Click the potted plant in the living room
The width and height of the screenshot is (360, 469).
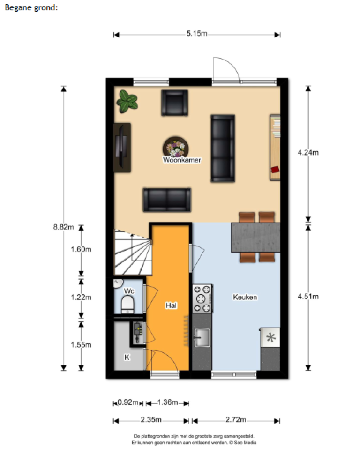(127, 101)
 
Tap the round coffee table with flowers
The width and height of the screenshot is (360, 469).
(176, 147)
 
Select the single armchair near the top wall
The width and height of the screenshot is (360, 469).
(174, 102)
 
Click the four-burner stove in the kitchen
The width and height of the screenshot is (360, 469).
(202, 298)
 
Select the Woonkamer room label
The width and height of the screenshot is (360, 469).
(182, 160)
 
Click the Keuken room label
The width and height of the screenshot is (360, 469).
(245, 297)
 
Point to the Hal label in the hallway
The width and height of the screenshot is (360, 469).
(171, 305)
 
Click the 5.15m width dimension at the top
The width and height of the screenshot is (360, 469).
(197, 34)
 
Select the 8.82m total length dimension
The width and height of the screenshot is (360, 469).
(64, 227)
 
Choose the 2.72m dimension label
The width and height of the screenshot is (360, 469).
(236, 419)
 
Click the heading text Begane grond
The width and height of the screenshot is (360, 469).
(31, 8)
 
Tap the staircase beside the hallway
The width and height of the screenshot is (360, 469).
(132, 252)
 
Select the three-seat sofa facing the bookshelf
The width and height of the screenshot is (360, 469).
(222, 148)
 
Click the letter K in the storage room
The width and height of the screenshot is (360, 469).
(127, 357)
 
